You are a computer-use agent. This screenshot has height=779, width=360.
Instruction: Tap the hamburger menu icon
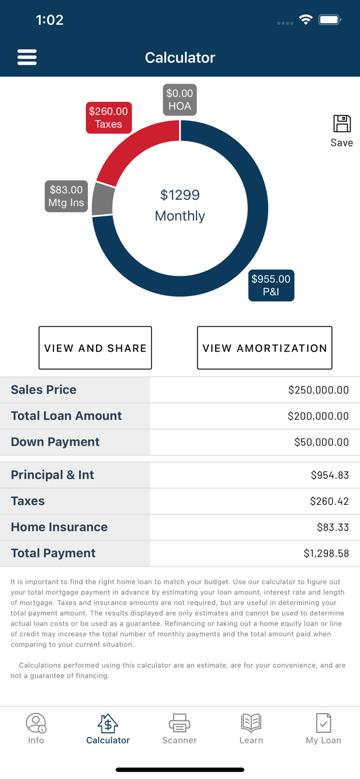pyautogui.click(x=27, y=57)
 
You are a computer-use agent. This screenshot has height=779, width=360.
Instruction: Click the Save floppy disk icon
pyautogui.click(x=342, y=124)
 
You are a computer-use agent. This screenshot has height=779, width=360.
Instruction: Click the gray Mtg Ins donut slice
pyautogui.click(x=102, y=199)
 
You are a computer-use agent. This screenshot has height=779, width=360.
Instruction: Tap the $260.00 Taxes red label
pyautogui.click(x=109, y=118)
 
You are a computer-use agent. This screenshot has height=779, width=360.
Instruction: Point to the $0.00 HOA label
pyautogui.click(x=180, y=100)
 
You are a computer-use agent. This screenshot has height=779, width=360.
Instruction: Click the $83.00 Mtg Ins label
pyautogui.click(x=66, y=196)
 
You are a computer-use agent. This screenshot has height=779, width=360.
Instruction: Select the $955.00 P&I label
pyautogui.click(x=271, y=285)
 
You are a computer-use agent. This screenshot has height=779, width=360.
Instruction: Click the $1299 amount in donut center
pyautogui.click(x=180, y=195)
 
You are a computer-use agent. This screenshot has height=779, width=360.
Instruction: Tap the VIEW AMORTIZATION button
pyautogui.click(x=264, y=348)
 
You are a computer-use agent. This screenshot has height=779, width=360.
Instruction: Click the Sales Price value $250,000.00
pyautogui.click(x=318, y=390)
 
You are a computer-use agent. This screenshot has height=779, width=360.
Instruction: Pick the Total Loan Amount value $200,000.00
pyautogui.click(x=318, y=416)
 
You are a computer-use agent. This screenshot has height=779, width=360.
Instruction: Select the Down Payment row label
pyautogui.click(x=55, y=442)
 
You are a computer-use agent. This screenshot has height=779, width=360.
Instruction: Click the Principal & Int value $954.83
pyautogui.click(x=330, y=475)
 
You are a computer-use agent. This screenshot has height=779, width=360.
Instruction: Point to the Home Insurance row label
pyautogui.click(x=59, y=527)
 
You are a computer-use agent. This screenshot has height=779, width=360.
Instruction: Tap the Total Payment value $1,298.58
pyautogui.click(x=326, y=554)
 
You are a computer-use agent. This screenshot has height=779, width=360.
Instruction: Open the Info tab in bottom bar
pyautogui.click(x=36, y=729)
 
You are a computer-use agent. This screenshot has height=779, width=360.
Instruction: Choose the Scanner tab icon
pyautogui.click(x=180, y=722)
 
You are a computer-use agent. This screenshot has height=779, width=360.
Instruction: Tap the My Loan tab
pyautogui.click(x=323, y=729)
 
